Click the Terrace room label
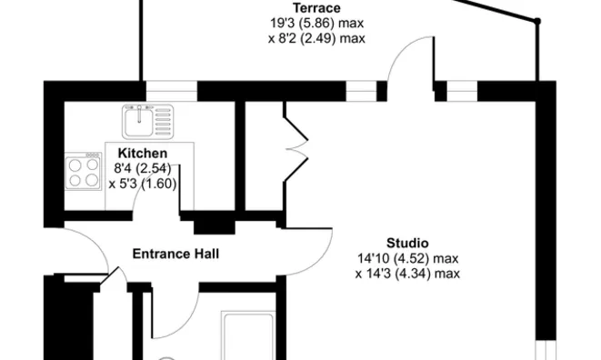point(316,8)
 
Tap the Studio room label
point(407,243)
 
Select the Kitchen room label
point(143,153)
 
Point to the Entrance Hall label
point(175,254)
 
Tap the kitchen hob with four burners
point(83,172)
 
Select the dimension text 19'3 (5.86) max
point(317,23)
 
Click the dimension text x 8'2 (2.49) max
point(316,38)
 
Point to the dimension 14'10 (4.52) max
point(408,258)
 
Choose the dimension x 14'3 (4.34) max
point(407,274)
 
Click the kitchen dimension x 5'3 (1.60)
point(143,184)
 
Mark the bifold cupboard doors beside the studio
point(295,147)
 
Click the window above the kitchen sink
point(171,91)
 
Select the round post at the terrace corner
point(537,21)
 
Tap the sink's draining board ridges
point(164,122)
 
